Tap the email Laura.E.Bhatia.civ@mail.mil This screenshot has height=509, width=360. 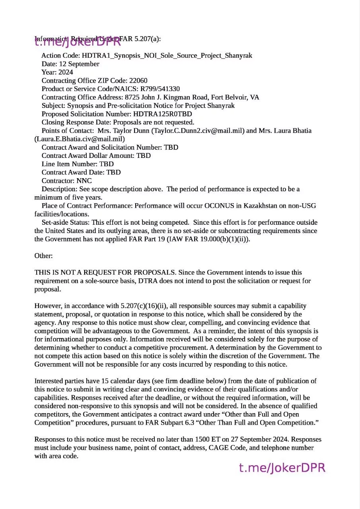tap(80, 139)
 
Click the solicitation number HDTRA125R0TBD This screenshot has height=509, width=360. tap(163, 114)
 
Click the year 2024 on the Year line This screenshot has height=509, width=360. tap(66, 72)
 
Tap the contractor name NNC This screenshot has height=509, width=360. tap(84, 181)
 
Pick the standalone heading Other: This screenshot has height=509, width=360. tap(43, 256)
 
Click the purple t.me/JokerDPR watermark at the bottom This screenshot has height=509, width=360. tap(282, 468)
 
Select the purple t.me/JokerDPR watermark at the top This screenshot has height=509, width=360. tap(78, 41)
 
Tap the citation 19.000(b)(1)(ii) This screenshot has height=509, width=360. tap(223, 239)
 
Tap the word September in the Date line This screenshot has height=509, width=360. tap(84, 64)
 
